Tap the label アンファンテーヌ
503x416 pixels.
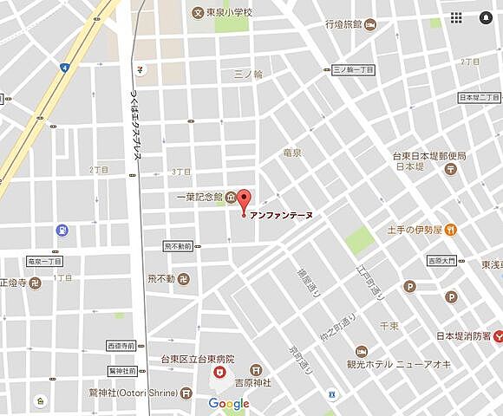point(281,216)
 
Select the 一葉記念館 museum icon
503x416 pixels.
point(230,198)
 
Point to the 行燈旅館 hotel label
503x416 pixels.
point(343,26)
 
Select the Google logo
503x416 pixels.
point(228,404)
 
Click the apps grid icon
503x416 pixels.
point(456,17)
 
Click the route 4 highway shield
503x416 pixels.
point(64,67)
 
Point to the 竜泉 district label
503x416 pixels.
point(292,153)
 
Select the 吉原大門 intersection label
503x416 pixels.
point(447,260)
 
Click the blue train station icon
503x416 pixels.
point(62,231)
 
